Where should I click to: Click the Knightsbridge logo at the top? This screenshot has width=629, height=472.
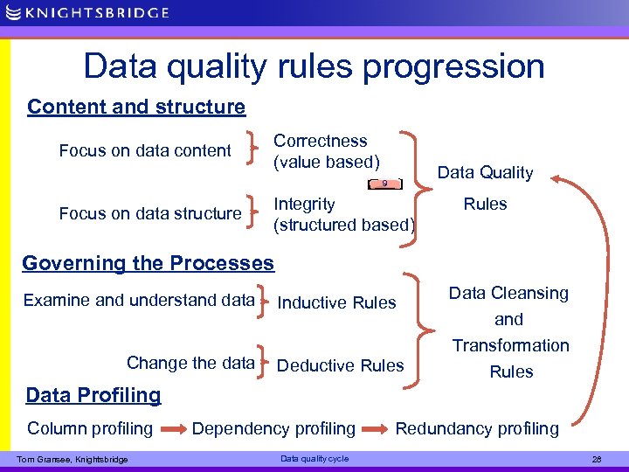click(x=86, y=13)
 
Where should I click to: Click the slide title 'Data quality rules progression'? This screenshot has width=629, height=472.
click(x=314, y=66)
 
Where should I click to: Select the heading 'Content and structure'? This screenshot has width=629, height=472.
click(x=136, y=107)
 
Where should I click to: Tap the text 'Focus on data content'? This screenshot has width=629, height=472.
click(x=145, y=151)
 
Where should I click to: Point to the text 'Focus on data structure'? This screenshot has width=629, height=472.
click(x=150, y=213)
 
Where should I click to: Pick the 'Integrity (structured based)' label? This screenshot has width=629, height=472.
click(x=343, y=214)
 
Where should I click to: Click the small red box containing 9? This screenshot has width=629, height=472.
click(x=385, y=184)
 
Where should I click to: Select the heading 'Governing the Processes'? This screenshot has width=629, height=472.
click(x=148, y=263)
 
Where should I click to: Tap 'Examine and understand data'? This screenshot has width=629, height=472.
click(x=138, y=301)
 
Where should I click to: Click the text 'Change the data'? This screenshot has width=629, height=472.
click(x=190, y=363)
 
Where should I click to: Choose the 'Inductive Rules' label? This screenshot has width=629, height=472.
click(x=336, y=303)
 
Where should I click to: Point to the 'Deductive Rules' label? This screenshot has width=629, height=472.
click(x=340, y=365)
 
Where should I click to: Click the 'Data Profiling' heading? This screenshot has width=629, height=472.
click(x=93, y=395)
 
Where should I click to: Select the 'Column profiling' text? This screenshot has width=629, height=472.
click(x=90, y=428)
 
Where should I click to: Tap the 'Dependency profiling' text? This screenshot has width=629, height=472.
click(x=273, y=428)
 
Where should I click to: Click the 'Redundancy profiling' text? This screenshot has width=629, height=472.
click(x=477, y=428)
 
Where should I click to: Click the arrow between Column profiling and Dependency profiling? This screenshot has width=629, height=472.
click(x=172, y=429)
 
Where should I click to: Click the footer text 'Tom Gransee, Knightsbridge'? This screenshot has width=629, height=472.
click(x=73, y=460)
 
